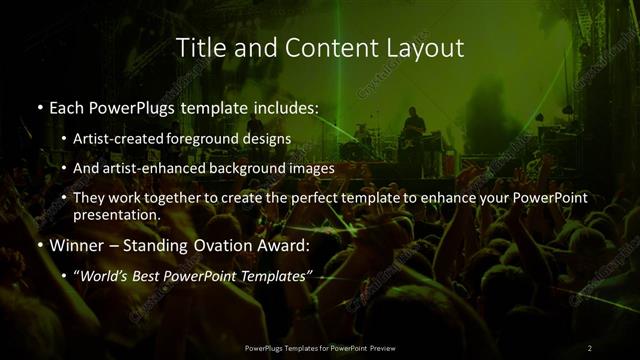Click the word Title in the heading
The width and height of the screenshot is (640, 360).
(201, 47)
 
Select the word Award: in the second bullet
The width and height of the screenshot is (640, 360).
(286, 245)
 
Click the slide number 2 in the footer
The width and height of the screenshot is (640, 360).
(589, 348)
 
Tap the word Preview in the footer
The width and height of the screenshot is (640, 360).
(381, 348)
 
